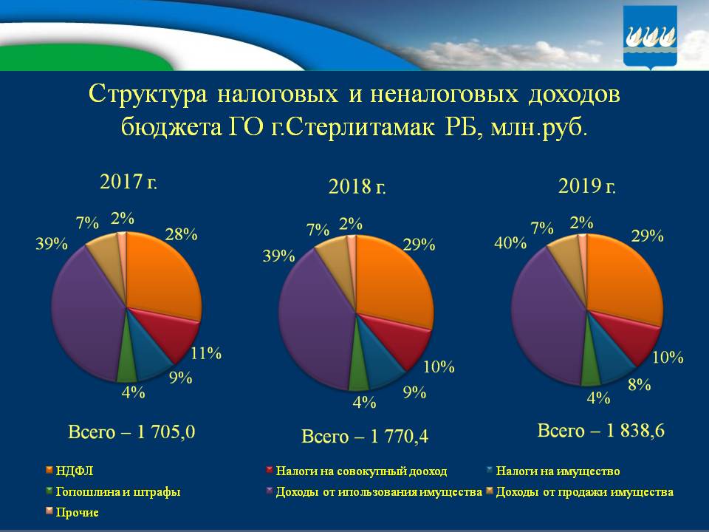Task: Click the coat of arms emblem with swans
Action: tap(651, 37)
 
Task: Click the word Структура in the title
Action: tap(147, 94)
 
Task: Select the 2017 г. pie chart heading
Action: tap(129, 181)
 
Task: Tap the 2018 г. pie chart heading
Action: tap(357, 186)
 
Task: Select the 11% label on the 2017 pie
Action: tap(206, 352)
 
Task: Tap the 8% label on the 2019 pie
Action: tap(639, 383)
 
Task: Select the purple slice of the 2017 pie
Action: tap(85, 310)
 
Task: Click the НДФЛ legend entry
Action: tap(69, 471)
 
